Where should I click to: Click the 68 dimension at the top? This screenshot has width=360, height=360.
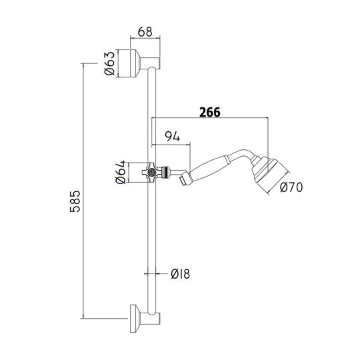pyautogui.click(x=145, y=32)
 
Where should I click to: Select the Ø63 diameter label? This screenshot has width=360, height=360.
pyautogui.click(x=109, y=63)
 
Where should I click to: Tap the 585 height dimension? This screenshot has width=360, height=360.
pyautogui.click(x=75, y=201)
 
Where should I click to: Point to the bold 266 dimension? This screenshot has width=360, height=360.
pyautogui.click(x=210, y=112)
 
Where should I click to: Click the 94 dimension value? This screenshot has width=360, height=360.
pyautogui.click(x=173, y=136)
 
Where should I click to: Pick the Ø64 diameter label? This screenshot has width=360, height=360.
pyautogui.click(x=121, y=172)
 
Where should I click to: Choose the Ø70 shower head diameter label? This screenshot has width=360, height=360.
pyautogui.click(x=291, y=187)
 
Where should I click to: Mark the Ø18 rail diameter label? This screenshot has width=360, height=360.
pyautogui.click(x=181, y=274)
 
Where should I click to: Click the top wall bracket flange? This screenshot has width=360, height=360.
pyautogui.click(x=134, y=63)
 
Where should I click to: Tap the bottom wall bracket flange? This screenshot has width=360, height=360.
pyautogui.click(x=134, y=319)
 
